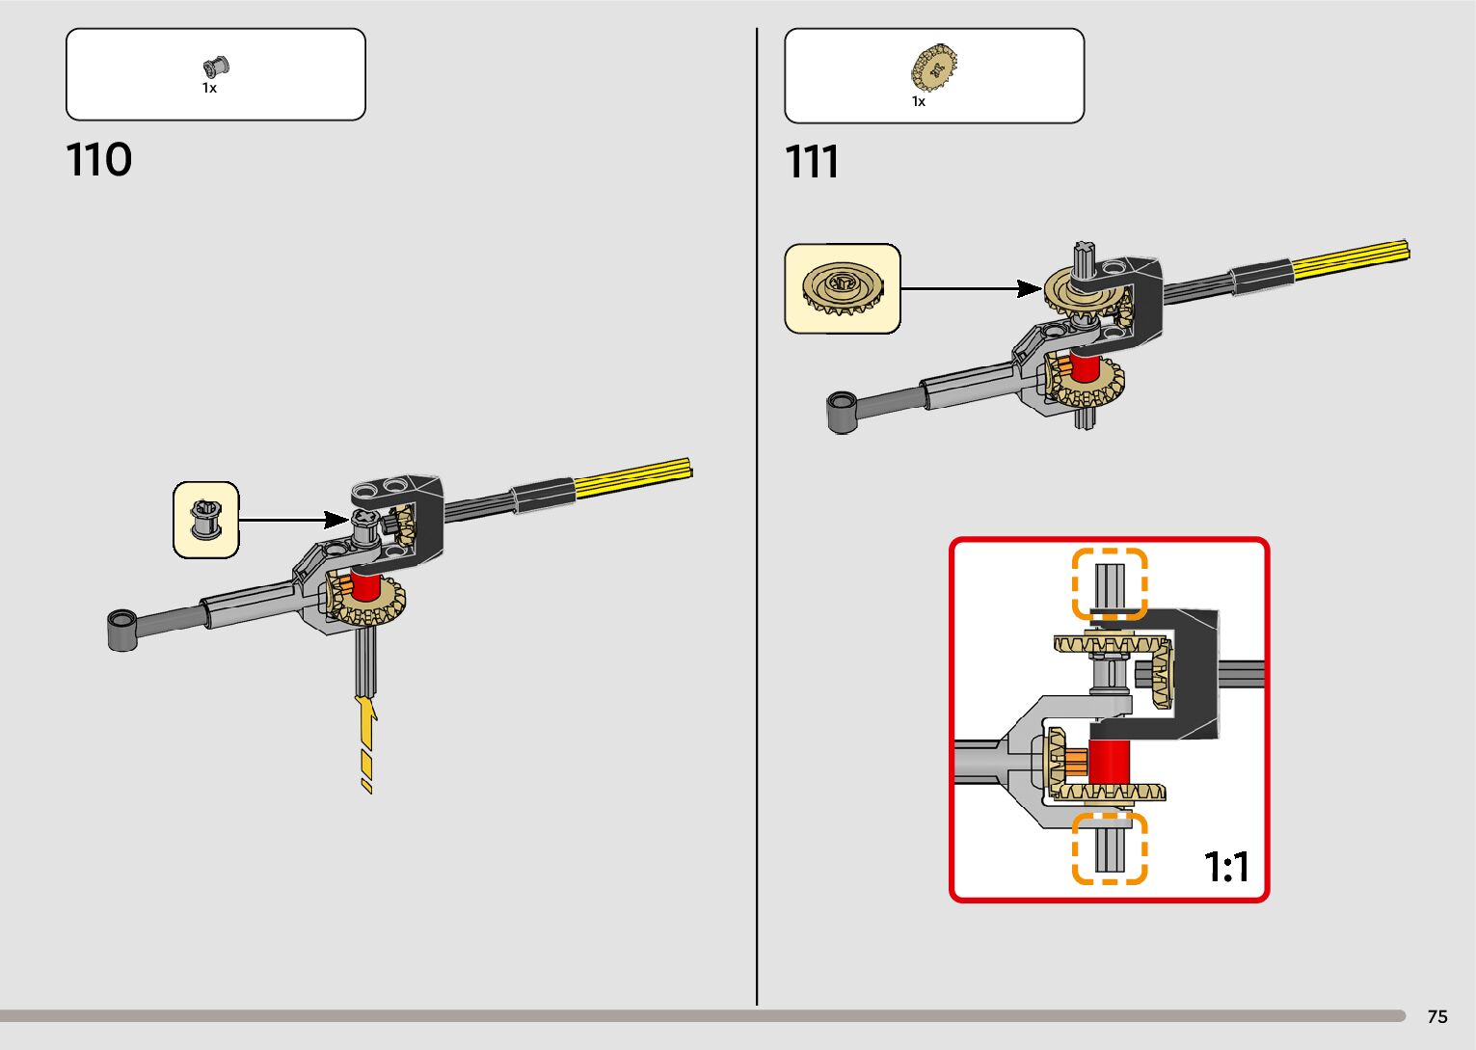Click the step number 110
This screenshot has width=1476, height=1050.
[x=99, y=160]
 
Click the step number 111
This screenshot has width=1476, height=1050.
[x=812, y=162]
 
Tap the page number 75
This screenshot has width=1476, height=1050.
[x=1436, y=1016]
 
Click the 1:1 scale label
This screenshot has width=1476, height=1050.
[x=1226, y=867]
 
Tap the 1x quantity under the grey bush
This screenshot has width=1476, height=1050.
[x=209, y=88]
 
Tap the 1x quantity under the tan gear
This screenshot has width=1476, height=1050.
[x=919, y=101]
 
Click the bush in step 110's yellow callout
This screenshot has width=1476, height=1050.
[x=205, y=520]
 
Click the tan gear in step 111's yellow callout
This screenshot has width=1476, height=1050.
[x=842, y=287]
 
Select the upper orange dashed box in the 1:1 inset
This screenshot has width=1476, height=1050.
[x=1110, y=583]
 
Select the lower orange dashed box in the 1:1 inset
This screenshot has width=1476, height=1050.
[x=1110, y=848]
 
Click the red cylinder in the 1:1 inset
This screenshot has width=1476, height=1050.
[x=1109, y=762]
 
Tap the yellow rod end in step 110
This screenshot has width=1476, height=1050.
[x=632, y=477]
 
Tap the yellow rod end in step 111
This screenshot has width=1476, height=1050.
[x=1350, y=257]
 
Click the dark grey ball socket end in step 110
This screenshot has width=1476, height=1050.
[x=121, y=630]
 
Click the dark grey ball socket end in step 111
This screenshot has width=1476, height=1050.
[x=842, y=412]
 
